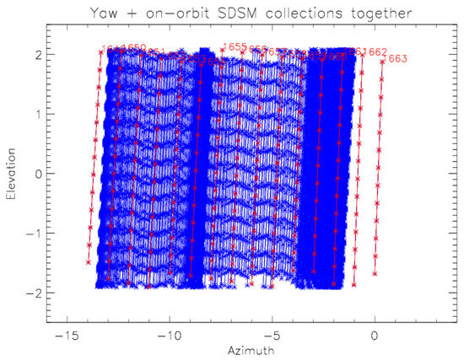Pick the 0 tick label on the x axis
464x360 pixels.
point(375,334)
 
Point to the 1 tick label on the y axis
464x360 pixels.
point(39,114)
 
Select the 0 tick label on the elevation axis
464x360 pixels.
point(39,174)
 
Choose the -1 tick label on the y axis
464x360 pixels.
point(35,234)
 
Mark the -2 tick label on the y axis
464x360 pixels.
point(35,293)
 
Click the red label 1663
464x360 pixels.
point(397,59)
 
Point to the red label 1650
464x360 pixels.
point(134,48)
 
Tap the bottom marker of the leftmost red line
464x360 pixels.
point(89,262)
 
